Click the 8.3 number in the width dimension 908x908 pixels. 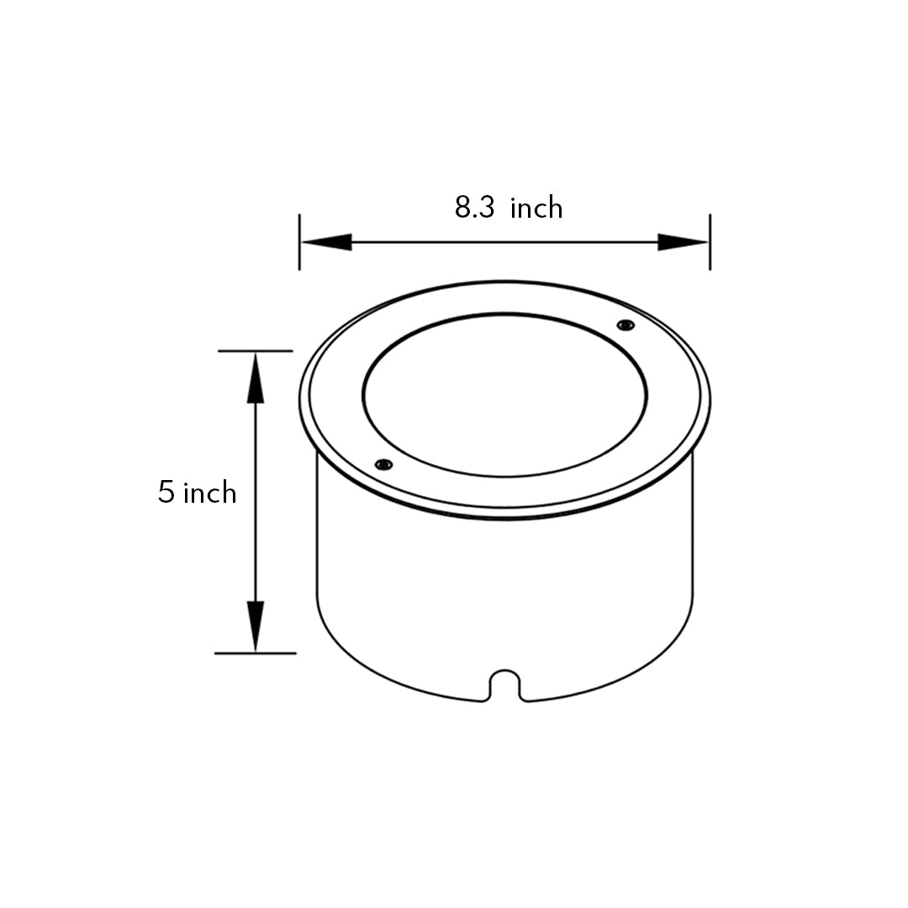(475, 208)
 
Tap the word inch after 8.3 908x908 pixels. (536, 208)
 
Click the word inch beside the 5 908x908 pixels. (209, 493)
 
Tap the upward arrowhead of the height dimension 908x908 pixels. (256, 377)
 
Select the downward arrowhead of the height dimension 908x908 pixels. (256, 626)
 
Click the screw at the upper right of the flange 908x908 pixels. (625, 325)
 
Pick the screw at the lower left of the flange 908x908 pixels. (383, 464)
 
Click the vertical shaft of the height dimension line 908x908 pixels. (256, 504)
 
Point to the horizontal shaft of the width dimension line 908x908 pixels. (504, 242)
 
